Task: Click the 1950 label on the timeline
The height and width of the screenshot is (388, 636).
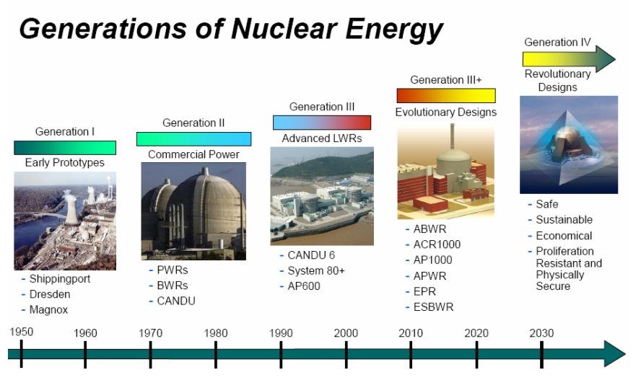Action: (x=22, y=332)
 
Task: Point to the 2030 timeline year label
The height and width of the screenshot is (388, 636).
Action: (x=541, y=333)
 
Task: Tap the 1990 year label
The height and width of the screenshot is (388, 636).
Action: (x=281, y=333)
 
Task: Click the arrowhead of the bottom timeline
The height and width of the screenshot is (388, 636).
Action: (x=615, y=353)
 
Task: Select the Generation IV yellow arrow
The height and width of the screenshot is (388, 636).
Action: (x=569, y=59)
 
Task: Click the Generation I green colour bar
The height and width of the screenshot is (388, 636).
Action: (x=65, y=147)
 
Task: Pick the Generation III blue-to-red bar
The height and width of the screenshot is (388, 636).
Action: (x=322, y=123)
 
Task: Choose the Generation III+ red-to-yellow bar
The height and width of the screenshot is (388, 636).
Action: (x=446, y=96)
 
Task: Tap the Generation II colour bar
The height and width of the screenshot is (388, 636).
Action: (x=194, y=139)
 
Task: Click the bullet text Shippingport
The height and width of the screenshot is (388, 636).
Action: (x=60, y=279)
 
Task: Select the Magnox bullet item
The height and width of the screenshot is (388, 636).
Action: (x=48, y=310)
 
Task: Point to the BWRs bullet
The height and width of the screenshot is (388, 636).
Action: (x=173, y=286)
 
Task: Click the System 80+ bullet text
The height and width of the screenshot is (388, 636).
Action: (x=316, y=270)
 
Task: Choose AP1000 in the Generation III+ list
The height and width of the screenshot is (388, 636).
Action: (x=433, y=260)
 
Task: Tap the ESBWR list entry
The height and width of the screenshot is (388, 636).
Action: (x=433, y=307)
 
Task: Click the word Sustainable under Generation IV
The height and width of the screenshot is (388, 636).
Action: (x=565, y=219)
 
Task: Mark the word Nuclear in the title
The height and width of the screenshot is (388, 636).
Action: (x=284, y=28)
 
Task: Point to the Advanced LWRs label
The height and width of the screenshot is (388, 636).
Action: (x=322, y=138)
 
